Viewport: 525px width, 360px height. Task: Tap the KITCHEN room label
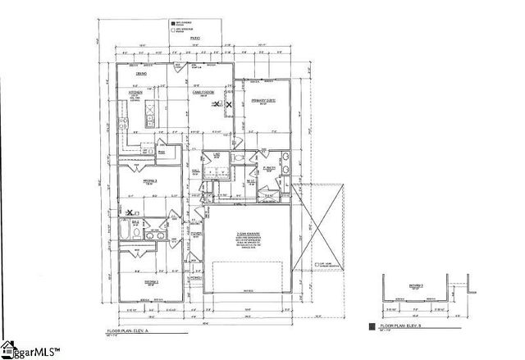coord(135,93)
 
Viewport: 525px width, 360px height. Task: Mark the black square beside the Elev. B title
coord(374,326)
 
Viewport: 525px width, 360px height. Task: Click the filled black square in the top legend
coord(173,23)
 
